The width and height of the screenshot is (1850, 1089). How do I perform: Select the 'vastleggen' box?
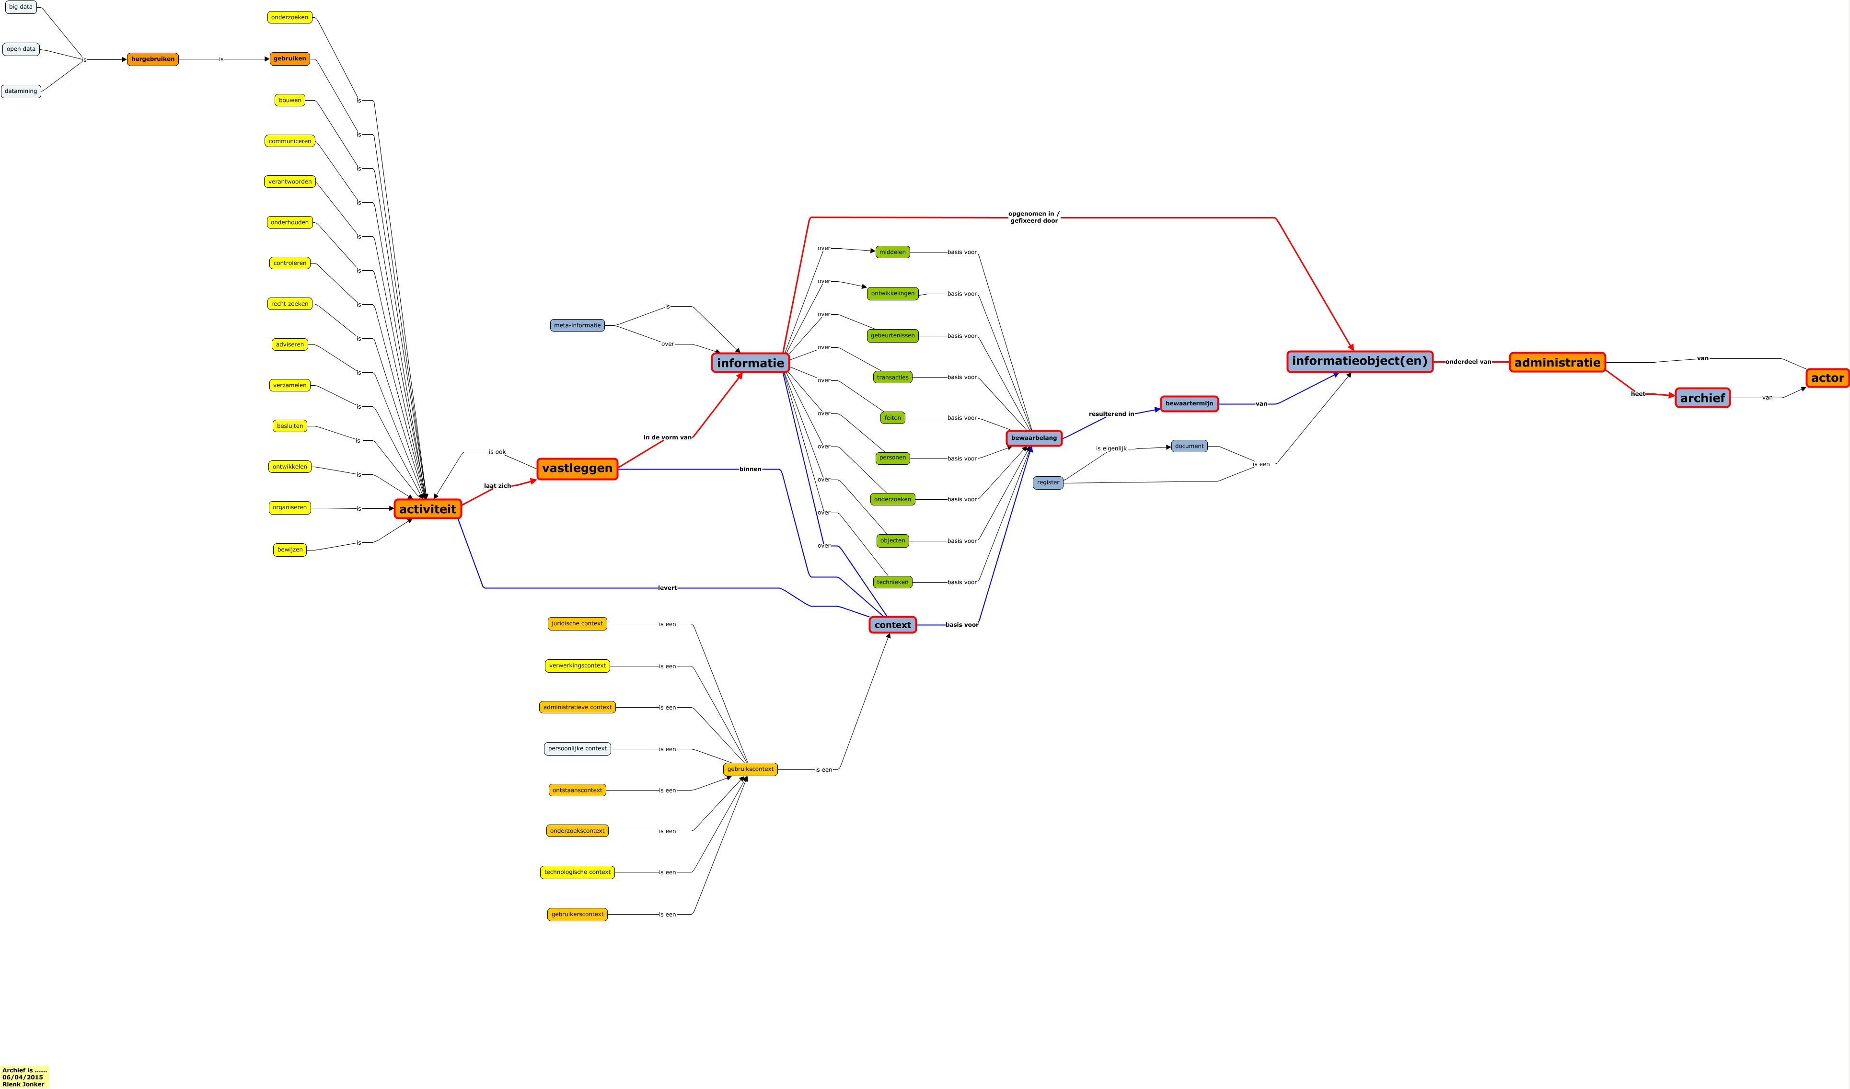pyautogui.click(x=577, y=468)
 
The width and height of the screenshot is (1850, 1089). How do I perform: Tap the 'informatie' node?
pyautogui.click(x=750, y=363)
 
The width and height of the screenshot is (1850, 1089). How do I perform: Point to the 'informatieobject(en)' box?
pyautogui.click(x=1360, y=361)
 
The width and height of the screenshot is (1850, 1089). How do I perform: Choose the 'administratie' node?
pyautogui.click(x=1557, y=363)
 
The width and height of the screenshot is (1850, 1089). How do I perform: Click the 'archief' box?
pyautogui.click(x=1702, y=398)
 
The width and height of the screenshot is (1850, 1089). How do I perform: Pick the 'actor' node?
pyautogui.click(x=1827, y=378)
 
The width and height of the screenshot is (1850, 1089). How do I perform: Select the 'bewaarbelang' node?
pyautogui.click(x=1034, y=438)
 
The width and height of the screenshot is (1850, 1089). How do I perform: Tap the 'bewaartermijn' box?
pyautogui.click(x=1189, y=403)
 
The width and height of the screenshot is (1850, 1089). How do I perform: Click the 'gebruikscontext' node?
pyautogui.click(x=750, y=769)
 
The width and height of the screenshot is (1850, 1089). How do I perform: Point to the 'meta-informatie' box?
pyautogui.click(x=577, y=325)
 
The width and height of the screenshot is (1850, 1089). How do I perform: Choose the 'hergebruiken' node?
pyautogui.click(x=153, y=59)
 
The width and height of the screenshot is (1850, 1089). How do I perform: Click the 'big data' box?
pyautogui.click(x=21, y=7)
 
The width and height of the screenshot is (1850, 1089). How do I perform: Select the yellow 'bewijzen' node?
pyautogui.click(x=290, y=550)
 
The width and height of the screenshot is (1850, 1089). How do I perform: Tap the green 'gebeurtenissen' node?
pyautogui.click(x=893, y=335)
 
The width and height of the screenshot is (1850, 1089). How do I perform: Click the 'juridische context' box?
pyautogui.click(x=577, y=624)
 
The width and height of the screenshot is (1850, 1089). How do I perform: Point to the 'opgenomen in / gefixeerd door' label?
pyautogui.click(x=1034, y=217)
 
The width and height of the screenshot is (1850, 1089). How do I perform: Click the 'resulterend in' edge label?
pyautogui.click(x=1111, y=414)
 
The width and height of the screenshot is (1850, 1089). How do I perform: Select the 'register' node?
pyautogui.click(x=1048, y=483)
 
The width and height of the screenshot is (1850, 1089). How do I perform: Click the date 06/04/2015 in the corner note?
pyautogui.click(x=23, y=1077)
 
